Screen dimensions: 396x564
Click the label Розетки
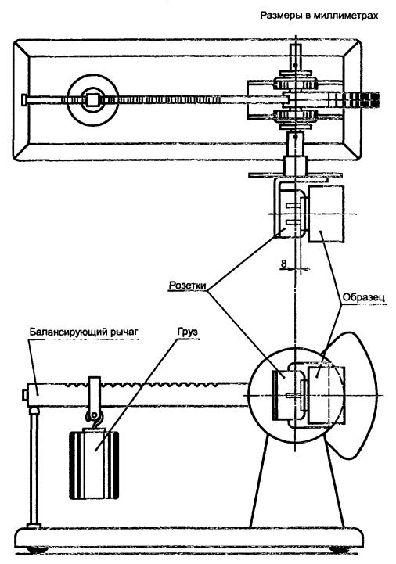click(x=188, y=286)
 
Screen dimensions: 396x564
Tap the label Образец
click(x=364, y=297)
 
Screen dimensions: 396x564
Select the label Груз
click(x=188, y=331)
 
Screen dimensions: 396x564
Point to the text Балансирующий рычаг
click(x=84, y=332)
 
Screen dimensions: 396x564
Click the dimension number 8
click(x=283, y=264)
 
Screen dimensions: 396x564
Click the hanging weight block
click(x=94, y=464)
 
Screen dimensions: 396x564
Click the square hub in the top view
click(x=92, y=100)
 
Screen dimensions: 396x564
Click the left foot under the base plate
click(x=38, y=550)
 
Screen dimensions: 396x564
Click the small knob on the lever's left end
click(x=24, y=395)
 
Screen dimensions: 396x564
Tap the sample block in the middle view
click(x=326, y=214)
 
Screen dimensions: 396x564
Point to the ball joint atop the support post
click(x=34, y=411)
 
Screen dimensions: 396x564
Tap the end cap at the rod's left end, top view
click(x=23, y=99)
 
